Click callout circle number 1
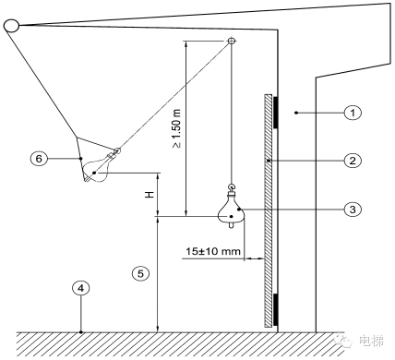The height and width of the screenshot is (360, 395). coord(353,113)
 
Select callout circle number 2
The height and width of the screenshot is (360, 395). coord(353,161)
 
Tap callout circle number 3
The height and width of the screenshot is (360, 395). coord(353,210)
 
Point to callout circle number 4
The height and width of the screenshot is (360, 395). coord(80,288)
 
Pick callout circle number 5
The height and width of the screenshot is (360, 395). coord(140,273)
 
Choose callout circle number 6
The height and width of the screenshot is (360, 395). coord(39,159)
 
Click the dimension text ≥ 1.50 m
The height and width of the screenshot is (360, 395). coord(176,128)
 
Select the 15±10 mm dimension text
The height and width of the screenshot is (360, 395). coord(213,251)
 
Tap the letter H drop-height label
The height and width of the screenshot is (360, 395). coord(150,195)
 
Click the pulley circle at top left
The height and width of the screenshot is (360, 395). coord(11,26)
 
